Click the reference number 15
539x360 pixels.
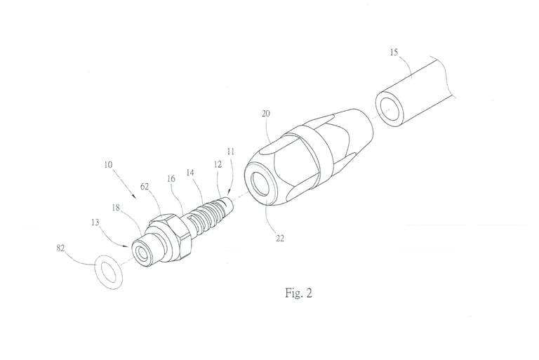394,52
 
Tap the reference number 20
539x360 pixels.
266,114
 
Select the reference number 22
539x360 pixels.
280,238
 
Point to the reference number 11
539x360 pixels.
231,152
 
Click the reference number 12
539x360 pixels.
218,164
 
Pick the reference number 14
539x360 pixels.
190,173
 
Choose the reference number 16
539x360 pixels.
171,178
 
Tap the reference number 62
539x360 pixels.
145,187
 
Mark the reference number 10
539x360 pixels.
108,165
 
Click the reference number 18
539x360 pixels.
116,208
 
